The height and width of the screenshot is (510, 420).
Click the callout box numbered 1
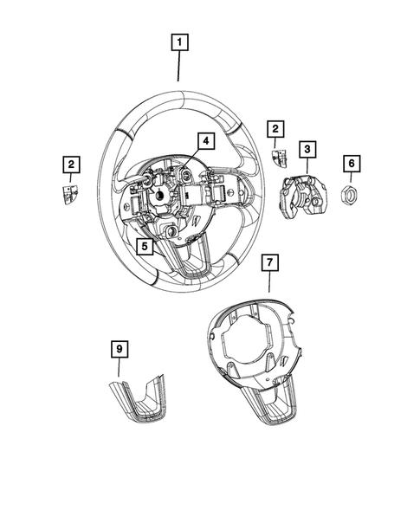coord(179,42)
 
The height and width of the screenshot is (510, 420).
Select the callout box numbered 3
coord(307,150)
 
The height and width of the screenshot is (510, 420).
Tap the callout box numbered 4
coord(204,140)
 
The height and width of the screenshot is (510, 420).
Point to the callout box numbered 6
coord(352,163)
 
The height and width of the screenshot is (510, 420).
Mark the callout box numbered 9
coord(119,349)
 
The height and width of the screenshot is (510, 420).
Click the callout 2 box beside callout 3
coord(275,131)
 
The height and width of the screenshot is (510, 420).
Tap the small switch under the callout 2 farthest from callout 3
coord(69,192)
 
